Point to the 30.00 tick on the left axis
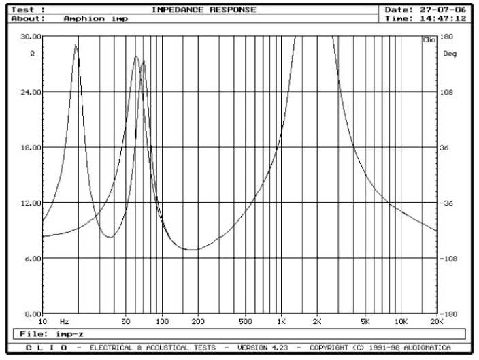pyautogui.click(x=31, y=36)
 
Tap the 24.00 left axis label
pyautogui.click(x=31, y=92)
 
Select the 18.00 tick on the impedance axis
pyautogui.click(x=31, y=147)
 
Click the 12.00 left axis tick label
pyautogui.click(x=31, y=203)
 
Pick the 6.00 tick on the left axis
pyautogui.click(x=33, y=259)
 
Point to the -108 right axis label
pyautogui.click(x=449, y=259)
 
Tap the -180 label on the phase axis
pyautogui.click(x=449, y=314)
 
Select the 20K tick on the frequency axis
pyautogui.click(x=436, y=321)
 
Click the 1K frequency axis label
pyautogui.click(x=282, y=321)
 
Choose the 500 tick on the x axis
pyautogui.click(x=245, y=321)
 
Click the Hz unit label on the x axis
pyautogui.click(x=64, y=321)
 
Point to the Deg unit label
pyautogui.click(x=450, y=53)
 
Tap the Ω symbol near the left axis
pyautogui.click(x=32, y=53)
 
